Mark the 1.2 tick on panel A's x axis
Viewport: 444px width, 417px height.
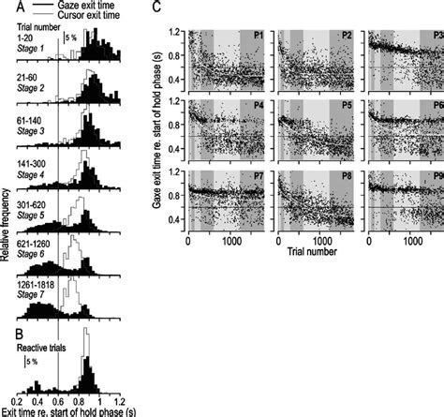(128, 399)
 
